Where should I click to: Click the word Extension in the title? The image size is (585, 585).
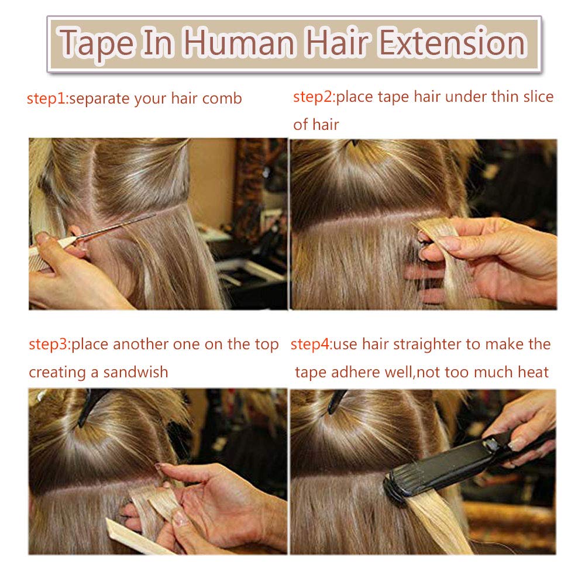[x=452, y=43]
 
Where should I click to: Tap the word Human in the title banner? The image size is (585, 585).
[x=239, y=43]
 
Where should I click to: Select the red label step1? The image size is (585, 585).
[x=48, y=99]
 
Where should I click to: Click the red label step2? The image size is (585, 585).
[x=314, y=97]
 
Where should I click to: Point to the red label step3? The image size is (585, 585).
[x=50, y=345]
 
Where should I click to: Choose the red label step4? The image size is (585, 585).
[x=311, y=345]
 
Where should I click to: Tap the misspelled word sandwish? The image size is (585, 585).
[x=136, y=372]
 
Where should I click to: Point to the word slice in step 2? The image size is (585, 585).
[x=538, y=97]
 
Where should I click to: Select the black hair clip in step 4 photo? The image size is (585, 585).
[x=336, y=401]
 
